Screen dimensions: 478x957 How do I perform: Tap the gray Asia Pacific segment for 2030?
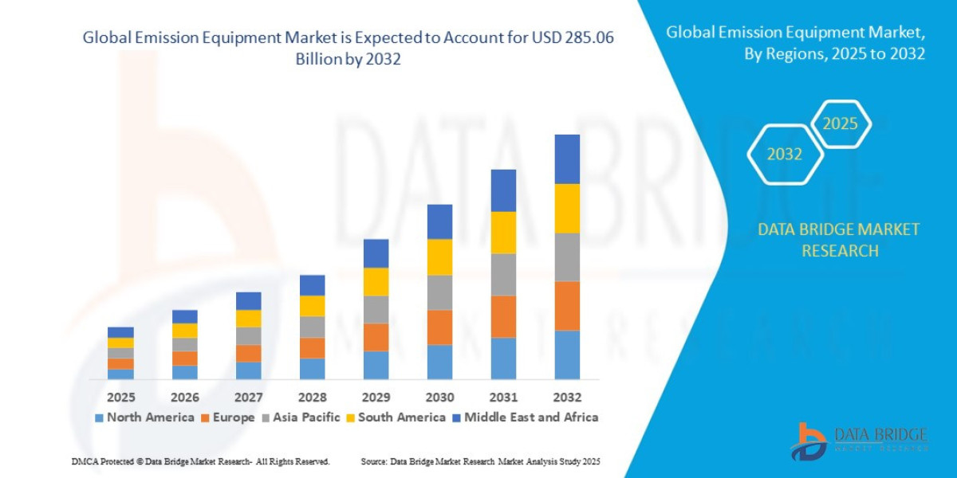[439, 292]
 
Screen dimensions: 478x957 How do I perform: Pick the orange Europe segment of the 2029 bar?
[376, 337]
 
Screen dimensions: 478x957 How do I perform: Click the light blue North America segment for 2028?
[312, 368]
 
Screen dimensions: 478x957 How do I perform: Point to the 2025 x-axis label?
[120, 397]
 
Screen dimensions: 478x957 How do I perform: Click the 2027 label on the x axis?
[248, 397]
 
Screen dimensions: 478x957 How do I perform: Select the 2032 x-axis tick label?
[567, 397]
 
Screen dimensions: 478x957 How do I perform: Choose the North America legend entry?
[144, 417]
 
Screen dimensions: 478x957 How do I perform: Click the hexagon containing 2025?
[840, 124]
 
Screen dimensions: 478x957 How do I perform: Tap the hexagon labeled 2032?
[785, 155]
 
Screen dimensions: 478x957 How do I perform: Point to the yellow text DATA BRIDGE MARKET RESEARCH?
[838, 240]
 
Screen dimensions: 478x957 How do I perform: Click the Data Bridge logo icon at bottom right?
[808, 441]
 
